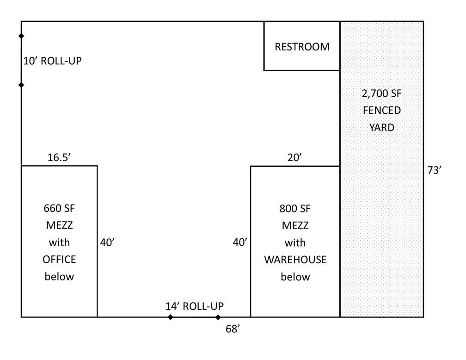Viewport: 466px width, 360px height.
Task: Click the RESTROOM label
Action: tap(302, 47)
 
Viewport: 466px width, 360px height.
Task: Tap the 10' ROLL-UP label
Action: tap(52, 61)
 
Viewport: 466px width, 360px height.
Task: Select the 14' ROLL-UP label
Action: tap(194, 306)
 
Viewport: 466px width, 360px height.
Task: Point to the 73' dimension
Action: tap(434, 170)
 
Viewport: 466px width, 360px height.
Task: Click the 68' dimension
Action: tap(233, 329)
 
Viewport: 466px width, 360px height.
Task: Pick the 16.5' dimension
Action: tap(59, 157)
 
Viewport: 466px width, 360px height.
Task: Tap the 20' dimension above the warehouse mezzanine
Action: tap(294, 157)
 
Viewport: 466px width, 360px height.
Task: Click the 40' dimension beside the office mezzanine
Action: tap(107, 242)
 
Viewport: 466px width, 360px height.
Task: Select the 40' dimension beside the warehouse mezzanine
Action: tap(240, 242)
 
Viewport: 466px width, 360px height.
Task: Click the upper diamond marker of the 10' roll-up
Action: tap(21, 36)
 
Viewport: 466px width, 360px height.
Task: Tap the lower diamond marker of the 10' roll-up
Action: tap(21, 85)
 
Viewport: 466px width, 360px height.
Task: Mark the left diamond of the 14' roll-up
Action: tap(170, 317)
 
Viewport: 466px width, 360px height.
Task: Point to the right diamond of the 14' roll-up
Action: tap(218, 317)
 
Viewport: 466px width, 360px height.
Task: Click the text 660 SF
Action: tap(59, 208)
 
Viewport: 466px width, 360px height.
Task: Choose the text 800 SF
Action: tap(295, 209)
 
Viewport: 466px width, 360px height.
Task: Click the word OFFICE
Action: tap(59, 260)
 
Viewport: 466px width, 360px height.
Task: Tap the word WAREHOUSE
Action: tap(295, 260)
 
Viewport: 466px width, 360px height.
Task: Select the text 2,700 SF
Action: tap(381, 94)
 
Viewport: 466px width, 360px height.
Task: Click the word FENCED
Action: tap(381, 111)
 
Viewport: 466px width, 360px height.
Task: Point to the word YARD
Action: tap(381, 127)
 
